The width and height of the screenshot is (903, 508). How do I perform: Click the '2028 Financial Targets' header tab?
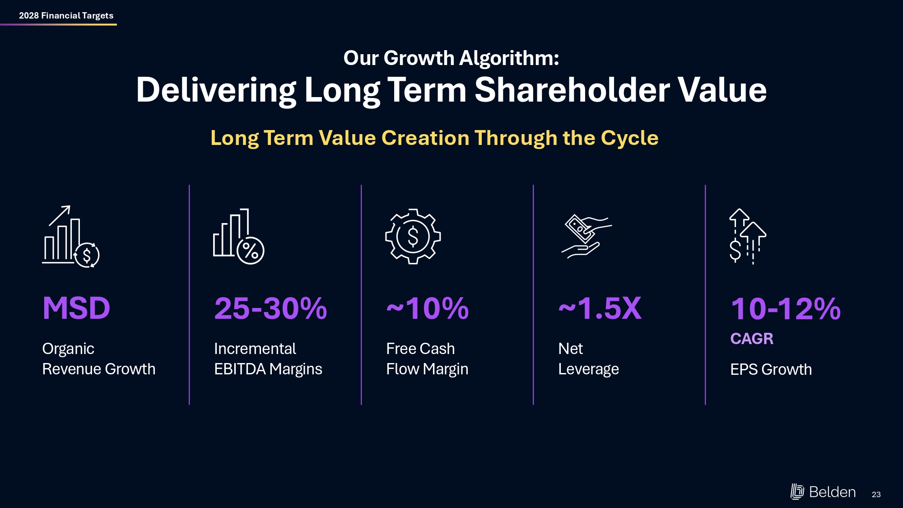point(66,15)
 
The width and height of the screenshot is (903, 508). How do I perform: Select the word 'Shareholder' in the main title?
point(572,90)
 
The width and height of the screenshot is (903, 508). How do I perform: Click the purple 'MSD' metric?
point(76,308)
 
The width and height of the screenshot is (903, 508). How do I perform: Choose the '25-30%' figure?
point(270,308)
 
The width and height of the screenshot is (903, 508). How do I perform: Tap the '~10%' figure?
point(427,308)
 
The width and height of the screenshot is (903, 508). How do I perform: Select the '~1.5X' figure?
point(600,308)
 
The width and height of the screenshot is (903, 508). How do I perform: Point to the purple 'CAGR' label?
point(752,339)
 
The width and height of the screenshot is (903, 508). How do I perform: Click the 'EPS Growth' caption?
point(771,369)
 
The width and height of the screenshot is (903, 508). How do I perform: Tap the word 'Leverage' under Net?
point(588,369)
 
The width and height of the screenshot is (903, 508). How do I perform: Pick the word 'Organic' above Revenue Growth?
point(68,349)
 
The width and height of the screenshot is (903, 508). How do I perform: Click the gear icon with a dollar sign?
point(413,237)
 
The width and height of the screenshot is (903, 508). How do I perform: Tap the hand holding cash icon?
point(586,236)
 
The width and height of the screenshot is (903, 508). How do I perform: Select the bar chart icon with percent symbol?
point(238,237)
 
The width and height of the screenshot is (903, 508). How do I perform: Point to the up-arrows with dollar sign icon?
point(747,237)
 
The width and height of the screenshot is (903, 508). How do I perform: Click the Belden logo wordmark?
point(832,492)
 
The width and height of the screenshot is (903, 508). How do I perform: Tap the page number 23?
point(876,494)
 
